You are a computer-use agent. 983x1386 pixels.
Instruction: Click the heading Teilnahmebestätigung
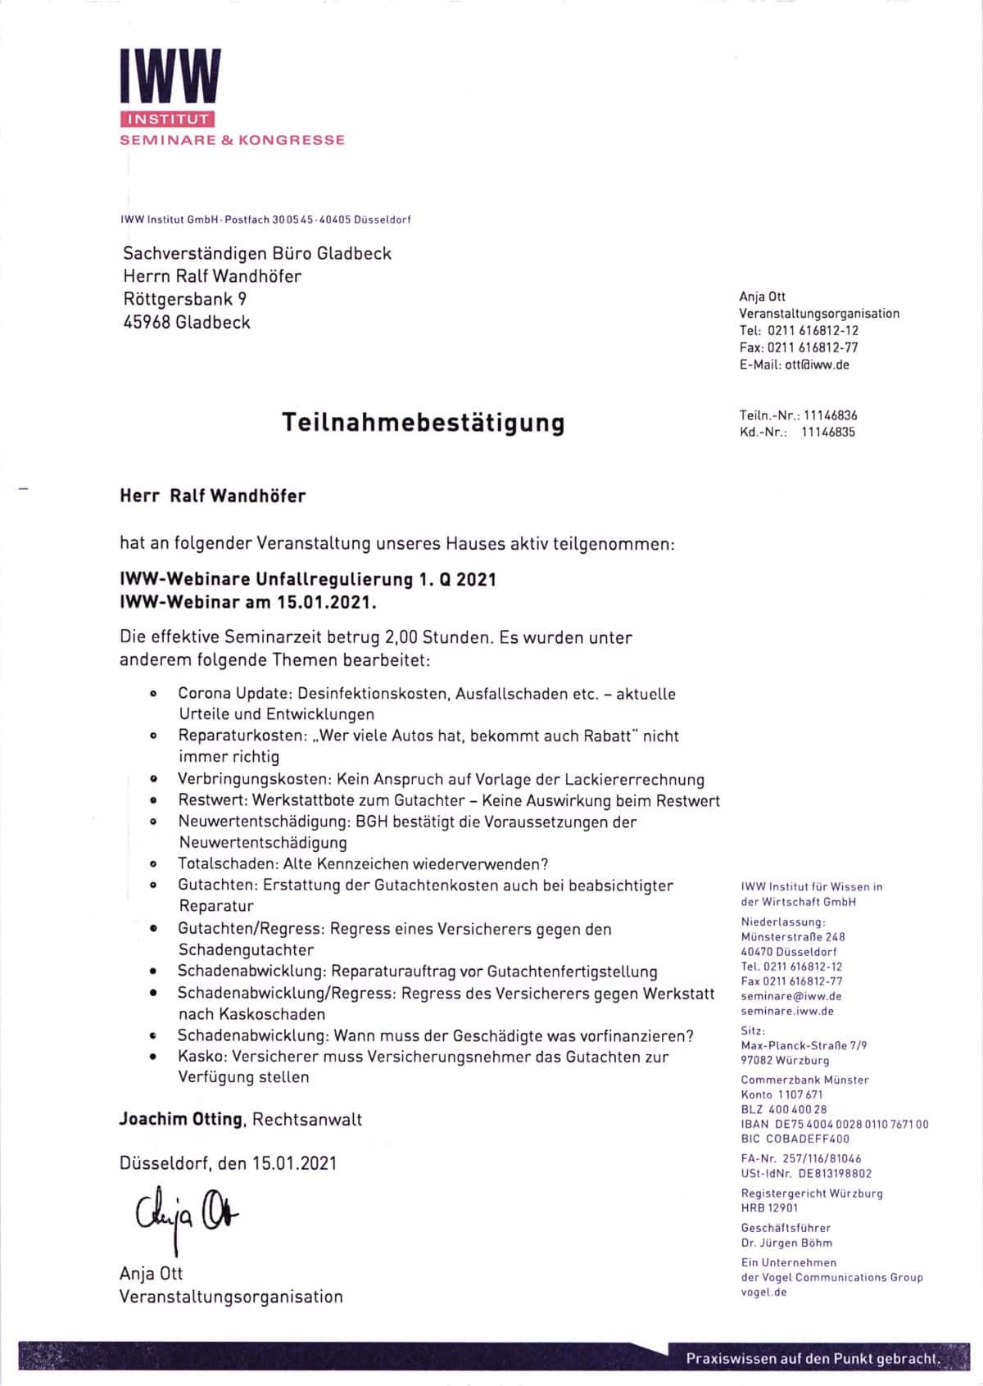coord(424,423)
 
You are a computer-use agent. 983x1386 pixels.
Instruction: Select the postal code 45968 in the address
coord(147,322)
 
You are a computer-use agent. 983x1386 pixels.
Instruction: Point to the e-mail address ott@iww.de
coord(817,365)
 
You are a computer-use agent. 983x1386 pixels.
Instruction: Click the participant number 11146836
coord(830,415)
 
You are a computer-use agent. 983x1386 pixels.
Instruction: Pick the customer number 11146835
coord(827,432)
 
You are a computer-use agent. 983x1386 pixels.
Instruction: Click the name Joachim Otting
coord(181,1119)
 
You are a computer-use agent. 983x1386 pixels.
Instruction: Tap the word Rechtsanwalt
coord(307,1119)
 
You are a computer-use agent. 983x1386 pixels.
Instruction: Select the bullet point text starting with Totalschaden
coord(363,863)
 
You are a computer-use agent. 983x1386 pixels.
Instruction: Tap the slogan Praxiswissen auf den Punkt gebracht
coord(812,1359)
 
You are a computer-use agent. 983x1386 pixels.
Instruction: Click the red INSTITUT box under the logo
coord(167,120)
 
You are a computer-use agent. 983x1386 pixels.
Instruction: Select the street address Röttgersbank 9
coord(184,299)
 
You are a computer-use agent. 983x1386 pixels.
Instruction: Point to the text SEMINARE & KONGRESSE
coord(233,140)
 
